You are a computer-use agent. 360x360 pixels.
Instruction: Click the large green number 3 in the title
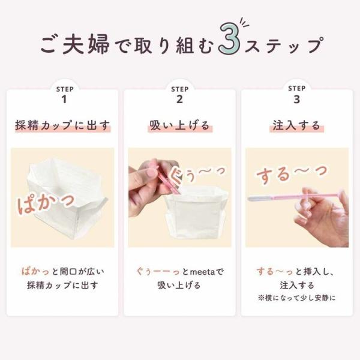click(x=229, y=38)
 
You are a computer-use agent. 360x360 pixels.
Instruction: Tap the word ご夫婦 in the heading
click(x=75, y=44)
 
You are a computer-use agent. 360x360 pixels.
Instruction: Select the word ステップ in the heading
click(x=284, y=45)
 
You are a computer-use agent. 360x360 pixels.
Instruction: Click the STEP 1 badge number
click(x=64, y=100)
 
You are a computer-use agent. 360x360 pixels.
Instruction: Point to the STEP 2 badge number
click(x=179, y=100)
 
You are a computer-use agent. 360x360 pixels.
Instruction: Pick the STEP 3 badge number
click(x=296, y=100)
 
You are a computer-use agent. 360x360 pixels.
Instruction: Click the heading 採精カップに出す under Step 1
click(x=62, y=125)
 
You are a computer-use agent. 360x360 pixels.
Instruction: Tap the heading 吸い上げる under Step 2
click(x=180, y=125)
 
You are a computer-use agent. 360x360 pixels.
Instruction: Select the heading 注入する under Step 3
click(x=296, y=125)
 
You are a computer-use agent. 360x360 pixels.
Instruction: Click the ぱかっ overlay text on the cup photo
click(x=46, y=203)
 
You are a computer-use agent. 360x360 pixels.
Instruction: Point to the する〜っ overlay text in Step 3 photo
click(x=292, y=174)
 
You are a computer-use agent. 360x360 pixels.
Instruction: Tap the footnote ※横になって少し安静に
click(x=296, y=298)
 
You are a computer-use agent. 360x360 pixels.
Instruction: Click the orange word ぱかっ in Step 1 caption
click(x=35, y=272)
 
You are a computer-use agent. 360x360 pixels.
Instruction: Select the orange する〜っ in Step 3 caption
click(x=275, y=272)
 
